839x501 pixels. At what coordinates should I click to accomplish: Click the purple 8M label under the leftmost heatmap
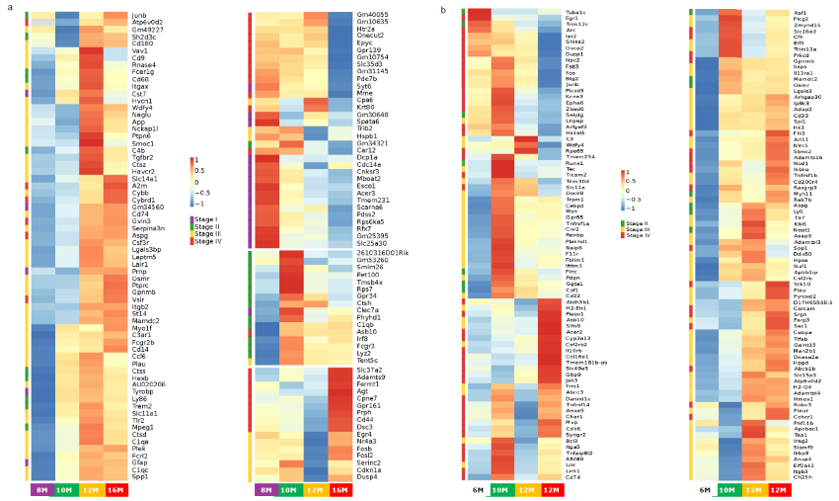pyautogui.click(x=41, y=490)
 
